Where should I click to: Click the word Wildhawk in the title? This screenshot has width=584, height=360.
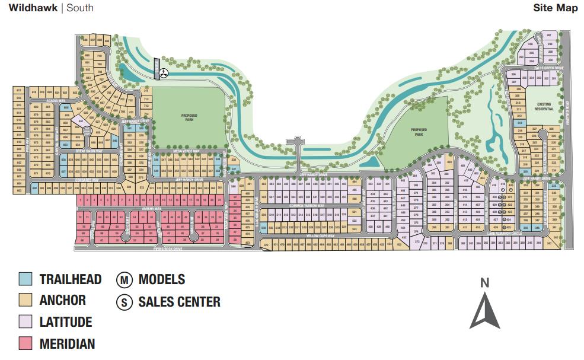pyautogui.click(x=33, y=8)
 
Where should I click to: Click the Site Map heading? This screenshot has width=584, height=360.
pyautogui.click(x=555, y=8)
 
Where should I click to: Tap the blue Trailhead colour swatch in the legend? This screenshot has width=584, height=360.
pyautogui.click(x=25, y=279)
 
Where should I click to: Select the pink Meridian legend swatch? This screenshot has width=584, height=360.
pyautogui.click(x=25, y=343)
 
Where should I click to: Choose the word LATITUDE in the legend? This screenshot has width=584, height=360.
pyautogui.click(x=65, y=322)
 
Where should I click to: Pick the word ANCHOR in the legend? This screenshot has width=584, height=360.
pyautogui.click(x=62, y=300)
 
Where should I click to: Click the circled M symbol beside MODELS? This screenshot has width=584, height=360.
pyautogui.click(x=125, y=280)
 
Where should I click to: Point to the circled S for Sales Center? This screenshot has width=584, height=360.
pyautogui.click(x=125, y=302)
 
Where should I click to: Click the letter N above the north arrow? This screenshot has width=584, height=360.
pyautogui.click(x=484, y=283)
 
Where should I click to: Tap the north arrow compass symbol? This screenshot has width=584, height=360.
pyautogui.click(x=484, y=311)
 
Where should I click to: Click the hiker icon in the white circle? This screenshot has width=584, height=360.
pyautogui.click(x=165, y=73)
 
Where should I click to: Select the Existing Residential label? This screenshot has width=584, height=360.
pyautogui.click(x=543, y=107)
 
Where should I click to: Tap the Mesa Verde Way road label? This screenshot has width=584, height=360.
pyautogui.click(x=184, y=151)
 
